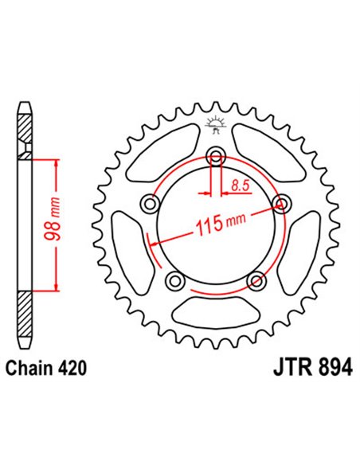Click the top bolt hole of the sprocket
pos(215,155)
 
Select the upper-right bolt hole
pos(280,203)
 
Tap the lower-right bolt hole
pos(256,280)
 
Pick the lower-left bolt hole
pos(174,280)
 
